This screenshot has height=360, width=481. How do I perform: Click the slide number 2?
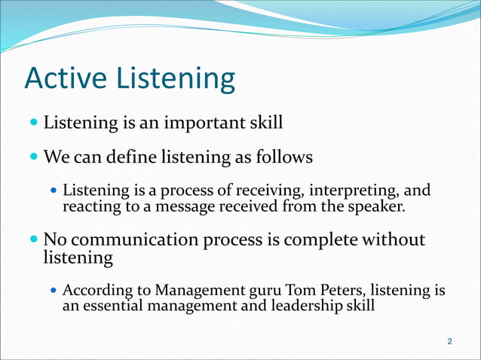pyautogui.click(x=450, y=343)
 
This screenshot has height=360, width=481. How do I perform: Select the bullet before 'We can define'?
pyautogui.click(x=32, y=157)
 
